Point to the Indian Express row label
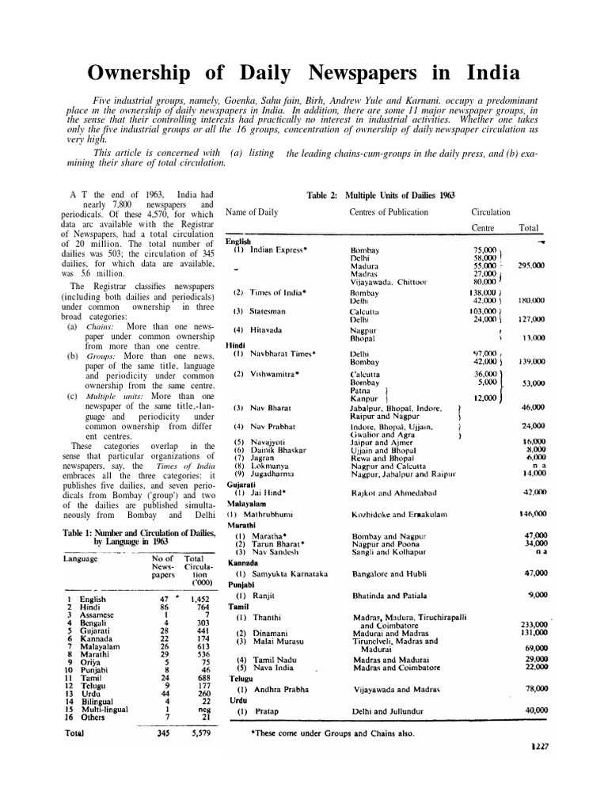268,249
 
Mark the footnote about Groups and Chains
332,733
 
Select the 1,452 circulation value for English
193,600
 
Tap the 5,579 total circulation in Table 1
193,734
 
